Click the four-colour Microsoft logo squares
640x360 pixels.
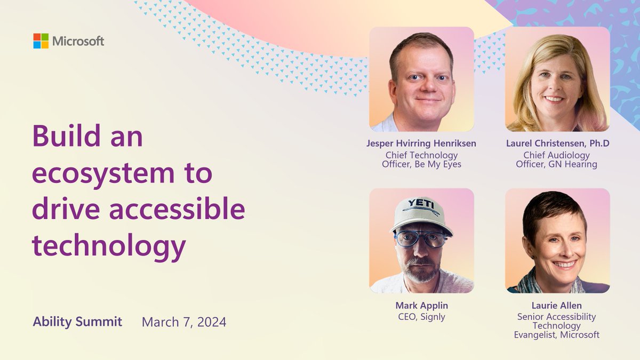[x=41, y=41]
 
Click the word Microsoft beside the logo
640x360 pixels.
[x=78, y=42]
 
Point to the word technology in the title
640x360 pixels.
[x=109, y=245]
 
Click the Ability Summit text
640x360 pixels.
[x=77, y=322]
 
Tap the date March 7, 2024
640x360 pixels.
[x=183, y=322]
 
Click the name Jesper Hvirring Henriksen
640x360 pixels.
[x=421, y=144]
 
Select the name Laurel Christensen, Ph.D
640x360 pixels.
[x=557, y=144]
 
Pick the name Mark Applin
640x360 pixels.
[x=421, y=306]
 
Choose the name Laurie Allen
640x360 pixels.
[x=557, y=306]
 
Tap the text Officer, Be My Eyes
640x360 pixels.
[x=421, y=164]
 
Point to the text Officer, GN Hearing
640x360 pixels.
[x=557, y=164]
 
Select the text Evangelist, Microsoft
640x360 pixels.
[x=557, y=335]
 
